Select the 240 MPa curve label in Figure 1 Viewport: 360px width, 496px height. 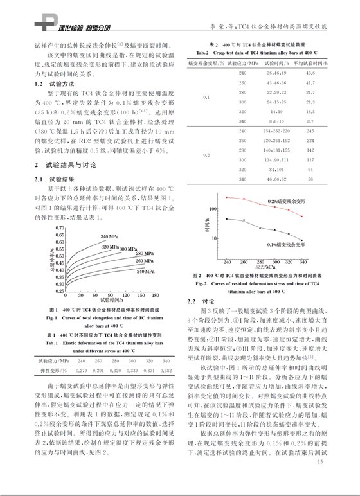pos(145,272)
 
